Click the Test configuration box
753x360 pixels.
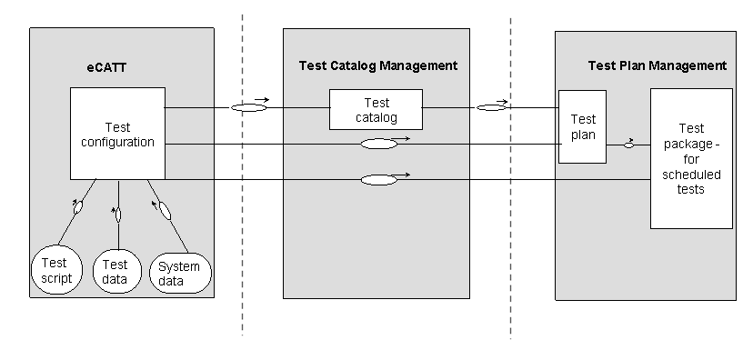(x=117, y=134)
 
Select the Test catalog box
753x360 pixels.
(x=376, y=110)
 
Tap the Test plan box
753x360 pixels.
(x=582, y=126)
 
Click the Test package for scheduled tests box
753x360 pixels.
(x=691, y=158)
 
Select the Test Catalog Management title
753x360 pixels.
(x=377, y=65)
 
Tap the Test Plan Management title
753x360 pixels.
(x=657, y=65)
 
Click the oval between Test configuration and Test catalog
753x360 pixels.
(x=249, y=108)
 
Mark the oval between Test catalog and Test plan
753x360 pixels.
(x=491, y=108)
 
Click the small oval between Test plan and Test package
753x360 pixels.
(x=628, y=145)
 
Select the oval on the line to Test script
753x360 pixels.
(x=79, y=208)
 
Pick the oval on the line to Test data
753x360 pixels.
(x=116, y=215)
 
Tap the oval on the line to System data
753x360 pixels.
(x=165, y=212)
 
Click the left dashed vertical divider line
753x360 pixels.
(x=243, y=182)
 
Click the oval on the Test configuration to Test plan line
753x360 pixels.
(x=378, y=144)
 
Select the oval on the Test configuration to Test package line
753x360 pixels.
(x=378, y=180)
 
